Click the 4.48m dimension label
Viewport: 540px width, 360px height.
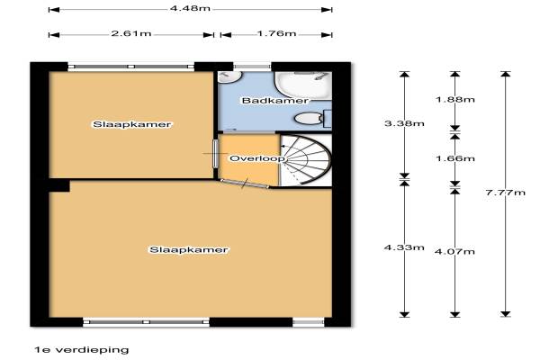(x=190, y=8)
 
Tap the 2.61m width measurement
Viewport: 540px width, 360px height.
(x=131, y=34)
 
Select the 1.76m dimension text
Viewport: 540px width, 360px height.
(x=276, y=34)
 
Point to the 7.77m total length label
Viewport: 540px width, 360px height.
(x=506, y=193)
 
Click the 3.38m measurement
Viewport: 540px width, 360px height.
(x=404, y=123)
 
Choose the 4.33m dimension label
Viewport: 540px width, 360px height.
(x=404, y=247)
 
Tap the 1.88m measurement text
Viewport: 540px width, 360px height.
(x=454, y=100)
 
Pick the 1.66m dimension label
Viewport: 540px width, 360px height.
(x=454, y=158)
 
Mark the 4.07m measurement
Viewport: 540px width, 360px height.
(x=454, y=251)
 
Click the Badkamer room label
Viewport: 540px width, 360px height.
(x=274, y=101)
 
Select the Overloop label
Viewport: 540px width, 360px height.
(x=257, y=158)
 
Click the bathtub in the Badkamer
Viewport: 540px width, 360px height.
(x=302, y=84)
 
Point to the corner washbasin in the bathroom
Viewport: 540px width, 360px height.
(x=229, y=77)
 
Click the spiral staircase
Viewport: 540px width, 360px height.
(x=305, y=160)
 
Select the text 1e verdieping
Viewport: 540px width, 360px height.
(x=82, y=350)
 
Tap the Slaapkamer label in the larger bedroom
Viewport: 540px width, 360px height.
(x=189, y=250)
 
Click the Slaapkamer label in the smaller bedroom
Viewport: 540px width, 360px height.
(x=132, y=124)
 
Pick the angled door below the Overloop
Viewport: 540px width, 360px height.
(x=244, y=184)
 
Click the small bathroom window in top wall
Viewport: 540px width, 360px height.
(x=252, y=67)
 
